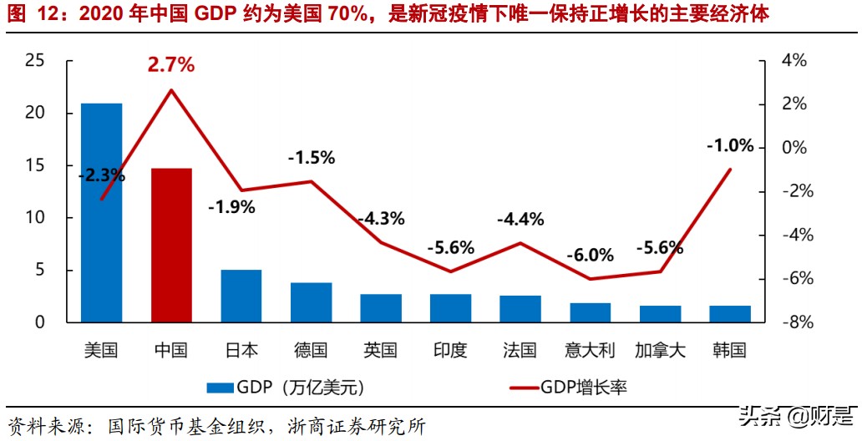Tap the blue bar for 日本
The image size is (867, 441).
(x=241, y=296)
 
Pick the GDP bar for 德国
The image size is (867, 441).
(x=311, y=302)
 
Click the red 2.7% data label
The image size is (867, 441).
(x=171, y=64)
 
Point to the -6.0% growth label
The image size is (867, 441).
(x=590, y=255)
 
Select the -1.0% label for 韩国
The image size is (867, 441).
(x=729, y=145)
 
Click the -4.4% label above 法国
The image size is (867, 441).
(x=520, y=220)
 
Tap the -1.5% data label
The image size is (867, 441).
(x=311, y=157)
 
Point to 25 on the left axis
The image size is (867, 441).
(x=35, y=60)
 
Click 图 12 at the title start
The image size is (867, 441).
(x=28, y=14)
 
